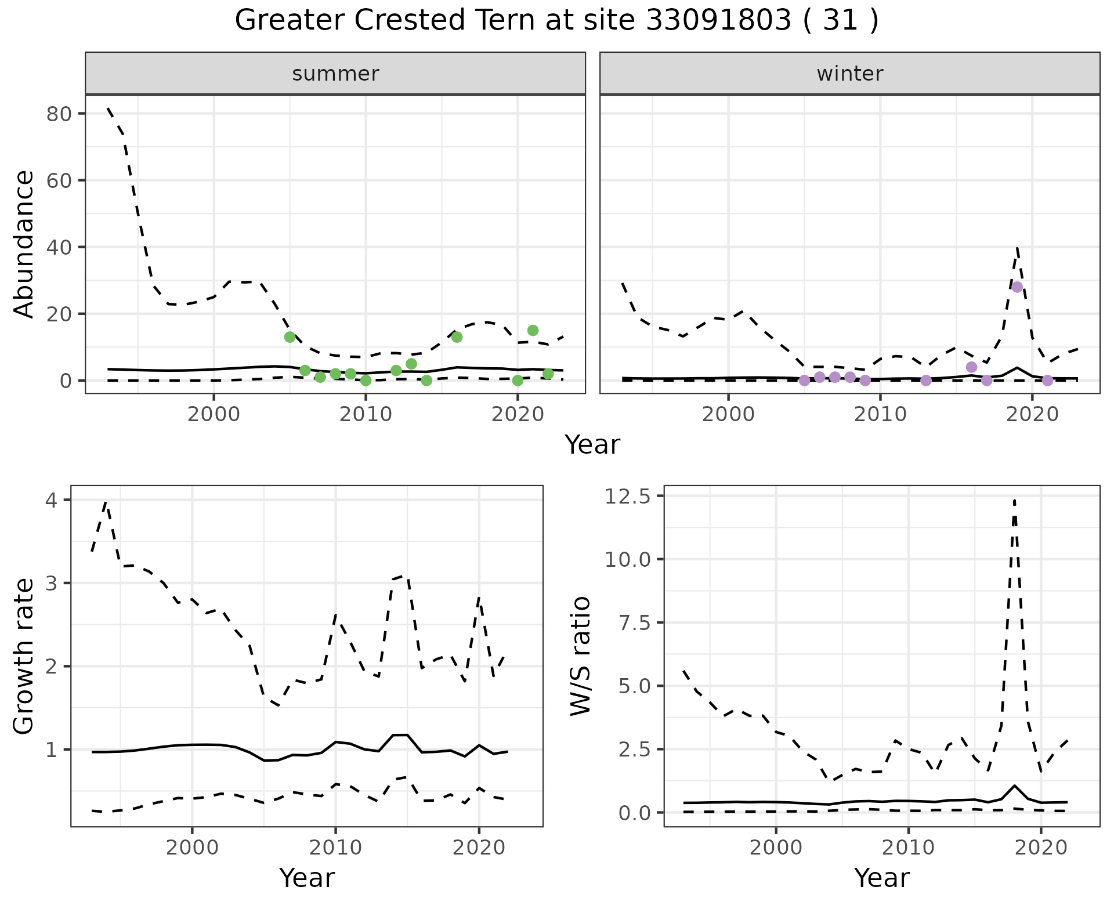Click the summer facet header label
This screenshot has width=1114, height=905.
coord(335,74)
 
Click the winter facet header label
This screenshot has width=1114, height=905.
coord(849,74)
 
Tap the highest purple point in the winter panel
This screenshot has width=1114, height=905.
coord(1017,287)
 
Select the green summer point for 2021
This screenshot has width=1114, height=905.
coord(533,331)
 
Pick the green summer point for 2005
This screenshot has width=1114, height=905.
coord(290,337)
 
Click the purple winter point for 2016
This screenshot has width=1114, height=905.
coord(971,367)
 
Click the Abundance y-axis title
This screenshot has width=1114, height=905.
coord(24,244)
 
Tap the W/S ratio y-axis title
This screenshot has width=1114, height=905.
coord(580,656)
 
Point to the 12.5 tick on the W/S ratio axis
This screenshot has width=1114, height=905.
coord(628,497)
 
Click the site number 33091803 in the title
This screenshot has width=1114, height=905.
coord(718,21)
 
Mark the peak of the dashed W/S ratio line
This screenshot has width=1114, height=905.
coord(1014,500)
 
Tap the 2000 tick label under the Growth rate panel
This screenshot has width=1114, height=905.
coord(192,847)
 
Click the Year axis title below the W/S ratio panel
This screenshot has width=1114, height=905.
coord(881,878)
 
